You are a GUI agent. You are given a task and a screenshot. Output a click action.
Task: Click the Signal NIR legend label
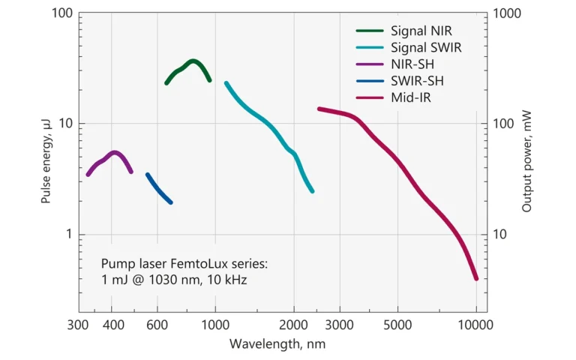[x=421, y=31]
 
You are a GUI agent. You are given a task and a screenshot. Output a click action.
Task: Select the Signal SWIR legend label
[x=426, y=47]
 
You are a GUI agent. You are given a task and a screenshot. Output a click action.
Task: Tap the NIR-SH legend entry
[x=412, y=64]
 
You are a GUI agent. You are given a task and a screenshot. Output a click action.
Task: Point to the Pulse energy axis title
[x=46, y=161]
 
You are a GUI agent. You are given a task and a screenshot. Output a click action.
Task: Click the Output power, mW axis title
[x=527, y=161]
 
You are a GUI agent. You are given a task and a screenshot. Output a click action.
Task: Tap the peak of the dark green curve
[x=193, y=61]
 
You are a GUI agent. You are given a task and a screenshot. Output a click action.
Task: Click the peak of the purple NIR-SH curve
[x=114, y=153]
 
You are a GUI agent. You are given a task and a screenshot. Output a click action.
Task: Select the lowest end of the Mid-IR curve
[x=475, y=278]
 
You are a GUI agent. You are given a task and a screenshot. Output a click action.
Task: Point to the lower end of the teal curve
[x=312, y=191]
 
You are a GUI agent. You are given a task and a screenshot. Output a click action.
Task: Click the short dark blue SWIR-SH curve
[x=158, y=188]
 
